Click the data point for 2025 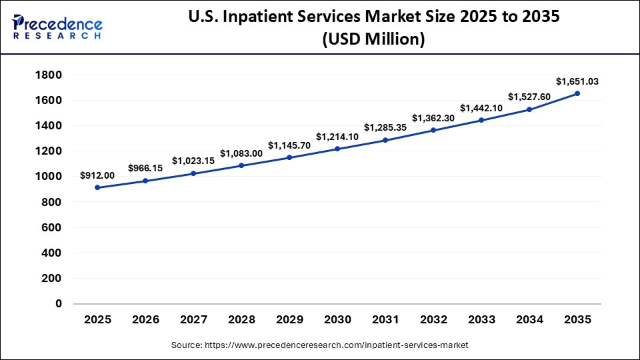97,187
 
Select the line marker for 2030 337,149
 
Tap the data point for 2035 577,93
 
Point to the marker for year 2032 433,130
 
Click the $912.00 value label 97,175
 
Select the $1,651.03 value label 577,81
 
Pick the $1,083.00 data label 241,153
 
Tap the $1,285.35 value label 385,127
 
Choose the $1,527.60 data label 529,97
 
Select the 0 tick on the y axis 58,304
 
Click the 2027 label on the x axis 193,320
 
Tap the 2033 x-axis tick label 481,320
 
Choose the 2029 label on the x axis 289,320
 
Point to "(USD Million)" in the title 373,40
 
